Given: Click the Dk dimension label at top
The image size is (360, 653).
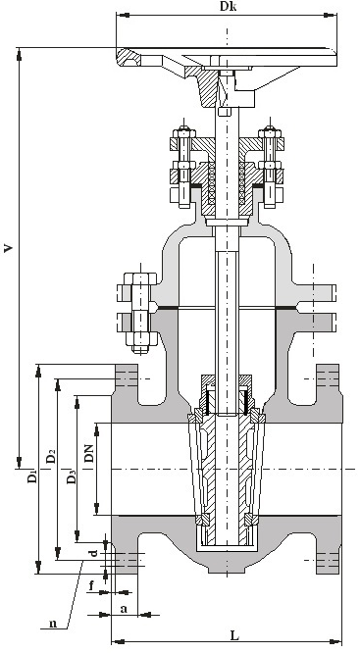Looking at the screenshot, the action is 228,7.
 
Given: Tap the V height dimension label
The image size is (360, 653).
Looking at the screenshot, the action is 8,248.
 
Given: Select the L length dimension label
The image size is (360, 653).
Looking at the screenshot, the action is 234,635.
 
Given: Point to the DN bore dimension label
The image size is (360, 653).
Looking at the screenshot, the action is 89,453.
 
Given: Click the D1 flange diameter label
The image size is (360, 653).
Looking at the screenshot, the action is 32,476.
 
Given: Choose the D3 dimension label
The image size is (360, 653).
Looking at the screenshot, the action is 72,477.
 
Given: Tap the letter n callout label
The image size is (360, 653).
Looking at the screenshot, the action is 53,624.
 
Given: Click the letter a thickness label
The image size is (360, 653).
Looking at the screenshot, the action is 124,609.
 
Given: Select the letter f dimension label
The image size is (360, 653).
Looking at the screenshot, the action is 91,586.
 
